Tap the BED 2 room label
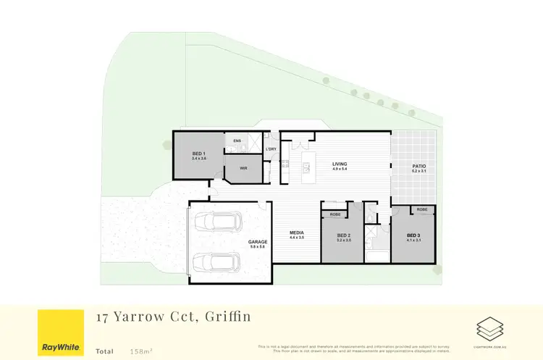pos(344,235)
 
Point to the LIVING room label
pos(340,164)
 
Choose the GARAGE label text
pos(258,242)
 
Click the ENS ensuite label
pos(237,141)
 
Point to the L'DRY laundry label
pos(271,149)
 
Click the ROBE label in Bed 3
pos(422,209)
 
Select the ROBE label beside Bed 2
pos(335,214)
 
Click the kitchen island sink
pos(306,169)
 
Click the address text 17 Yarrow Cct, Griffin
pos(173,317)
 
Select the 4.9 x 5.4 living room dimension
pos(340,171)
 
